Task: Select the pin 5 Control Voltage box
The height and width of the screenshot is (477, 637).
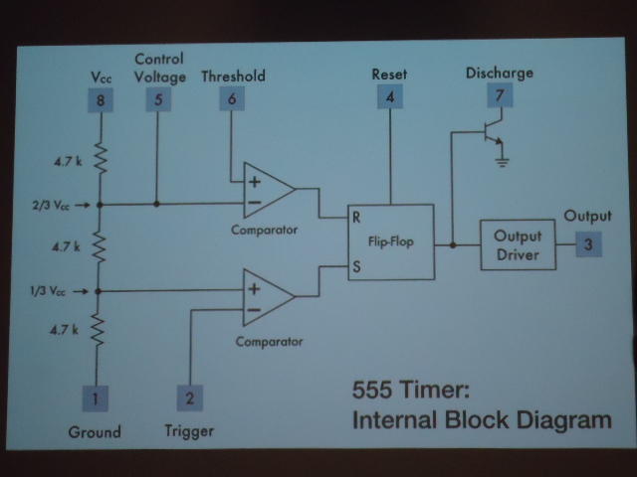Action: [157, 99]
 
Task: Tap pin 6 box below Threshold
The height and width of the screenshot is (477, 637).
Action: [232, 99]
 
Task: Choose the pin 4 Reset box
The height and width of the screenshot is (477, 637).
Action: [389, 97]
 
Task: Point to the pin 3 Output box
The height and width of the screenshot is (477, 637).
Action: [588, 244]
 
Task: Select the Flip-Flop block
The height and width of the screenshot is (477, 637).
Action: [389, 241]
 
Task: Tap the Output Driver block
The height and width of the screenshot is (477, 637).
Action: [518, 244]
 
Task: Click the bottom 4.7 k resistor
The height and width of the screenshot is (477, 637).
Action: [99, 329]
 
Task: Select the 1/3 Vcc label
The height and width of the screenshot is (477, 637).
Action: [50, 291]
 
